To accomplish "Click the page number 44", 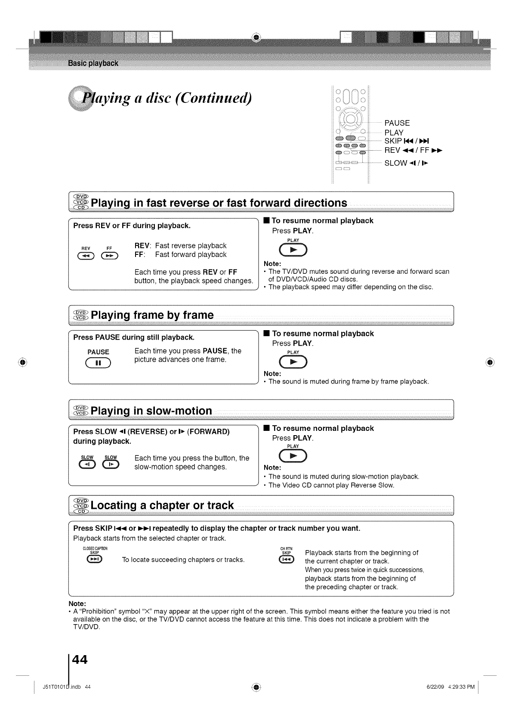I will (x=80, y=659).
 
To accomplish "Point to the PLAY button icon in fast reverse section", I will (x=293, y=250).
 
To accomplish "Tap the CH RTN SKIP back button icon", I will (x=286, y=559).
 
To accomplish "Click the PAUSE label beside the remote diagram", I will (x=397, y=123).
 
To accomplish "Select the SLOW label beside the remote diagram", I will (x=395, y=163).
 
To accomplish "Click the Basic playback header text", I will (x=93, y=64).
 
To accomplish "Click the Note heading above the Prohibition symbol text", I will (x=77, y=603).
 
